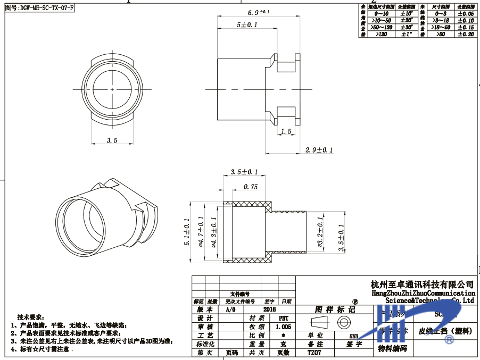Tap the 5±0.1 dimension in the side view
[x=247, y=25]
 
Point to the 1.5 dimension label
[x=286, y=131]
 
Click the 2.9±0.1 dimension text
[x=319, y=150]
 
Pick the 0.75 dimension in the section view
[x=250, y=187]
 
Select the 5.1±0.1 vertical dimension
[x=187, y=232]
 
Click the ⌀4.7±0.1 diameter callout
[x=201, y=232]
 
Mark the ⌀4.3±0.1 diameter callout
[x=214, y=232]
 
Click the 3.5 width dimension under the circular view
[x=112, y=140]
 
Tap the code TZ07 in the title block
[x=315, y=353]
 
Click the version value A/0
[x=230, y=309]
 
